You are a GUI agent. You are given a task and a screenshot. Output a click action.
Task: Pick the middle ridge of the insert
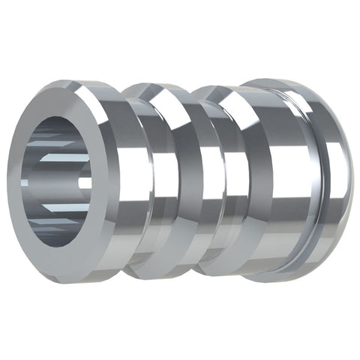pyautogui.click(x=187, y=180)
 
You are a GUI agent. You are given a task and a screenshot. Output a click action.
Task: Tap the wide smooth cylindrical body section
pyautogui.click(x=285, y=180)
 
